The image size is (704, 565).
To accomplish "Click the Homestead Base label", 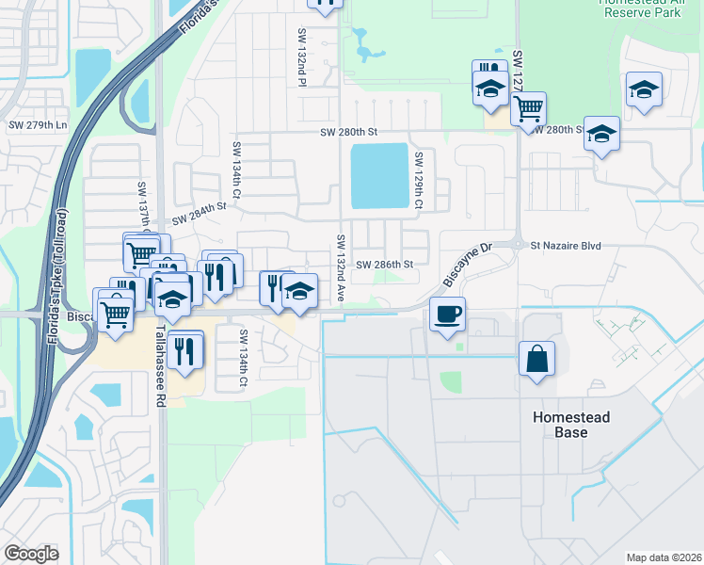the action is (x=571, y=425).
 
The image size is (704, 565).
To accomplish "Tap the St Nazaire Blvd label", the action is (x=565, y=246).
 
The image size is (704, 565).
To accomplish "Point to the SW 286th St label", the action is (x=385, y=265).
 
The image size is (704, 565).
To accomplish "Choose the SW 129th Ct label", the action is (x=420, y=178).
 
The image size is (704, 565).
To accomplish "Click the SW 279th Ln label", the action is (x=38, y=125).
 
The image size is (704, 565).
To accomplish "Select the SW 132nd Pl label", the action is (x=303, y=56).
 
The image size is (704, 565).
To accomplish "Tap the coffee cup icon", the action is (x=447, y=313).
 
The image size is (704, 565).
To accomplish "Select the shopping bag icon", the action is (x=536, y=359).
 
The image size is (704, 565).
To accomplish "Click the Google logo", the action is (x=31, y=553).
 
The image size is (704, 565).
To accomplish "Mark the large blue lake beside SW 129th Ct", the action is (x=380, y=176).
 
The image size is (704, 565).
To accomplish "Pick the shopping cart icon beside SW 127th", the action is (x=528, y=108).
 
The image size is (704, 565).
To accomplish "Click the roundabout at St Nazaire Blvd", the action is (x=518, y=243).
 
